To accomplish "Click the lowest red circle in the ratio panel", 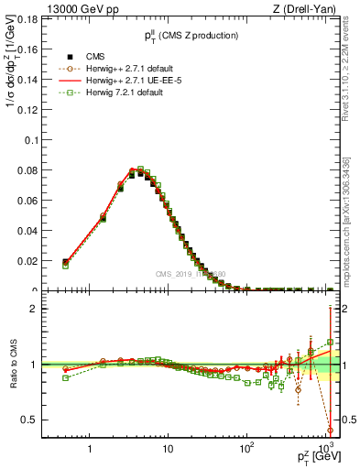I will point(329,430).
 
